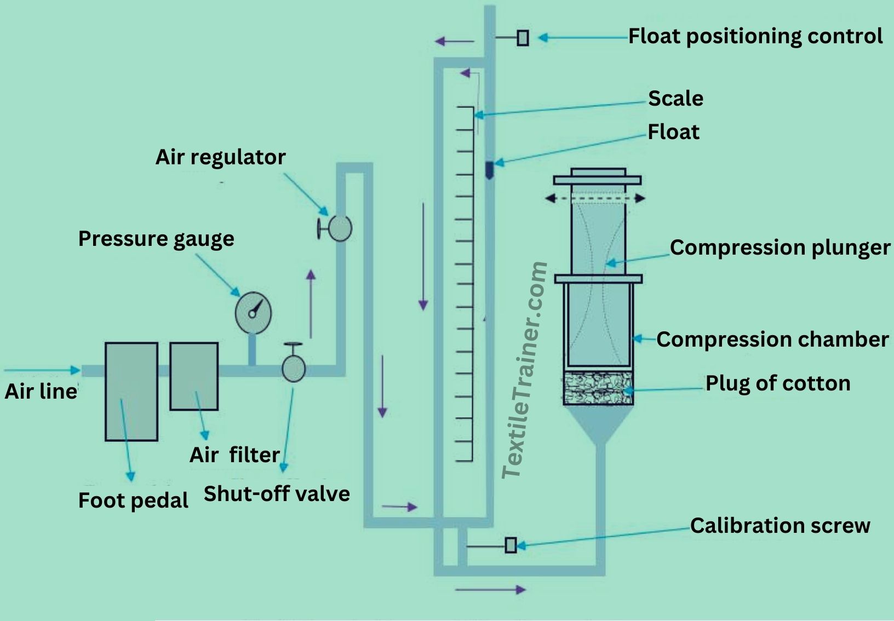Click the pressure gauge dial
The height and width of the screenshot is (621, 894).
[x=253, y=313]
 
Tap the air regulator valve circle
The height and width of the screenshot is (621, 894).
[x=340, y=228]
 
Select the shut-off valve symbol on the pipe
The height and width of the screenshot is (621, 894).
[x=294, y=369]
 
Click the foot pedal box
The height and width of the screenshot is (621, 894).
[x=131, y=392]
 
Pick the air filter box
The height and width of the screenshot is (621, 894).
[x=194, y=376]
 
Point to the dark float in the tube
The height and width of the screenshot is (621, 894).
[x=489, y=170]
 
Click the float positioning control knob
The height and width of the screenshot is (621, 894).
[x=523, y=38]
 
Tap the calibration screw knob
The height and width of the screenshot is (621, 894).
[x=511, y=545]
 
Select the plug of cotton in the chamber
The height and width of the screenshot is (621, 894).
[x=598, y=388]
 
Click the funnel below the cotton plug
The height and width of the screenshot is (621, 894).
[x=598, y=424]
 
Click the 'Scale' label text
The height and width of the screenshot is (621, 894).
[x=675, y=98]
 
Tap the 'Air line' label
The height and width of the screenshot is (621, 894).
[x=41, y=391]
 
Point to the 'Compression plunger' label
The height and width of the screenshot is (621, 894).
[x=780, y=248]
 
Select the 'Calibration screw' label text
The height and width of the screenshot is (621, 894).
[x=780, y=526]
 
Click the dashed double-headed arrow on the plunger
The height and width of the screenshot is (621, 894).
[x=595, y=198]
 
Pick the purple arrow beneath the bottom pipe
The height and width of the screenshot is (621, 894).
[x=490, y=589]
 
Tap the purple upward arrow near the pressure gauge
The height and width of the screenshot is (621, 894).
[x=311, y=304]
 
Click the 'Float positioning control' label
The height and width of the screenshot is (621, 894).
[x=755, y=37]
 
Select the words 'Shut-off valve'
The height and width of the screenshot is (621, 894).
[x=277, y=494]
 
